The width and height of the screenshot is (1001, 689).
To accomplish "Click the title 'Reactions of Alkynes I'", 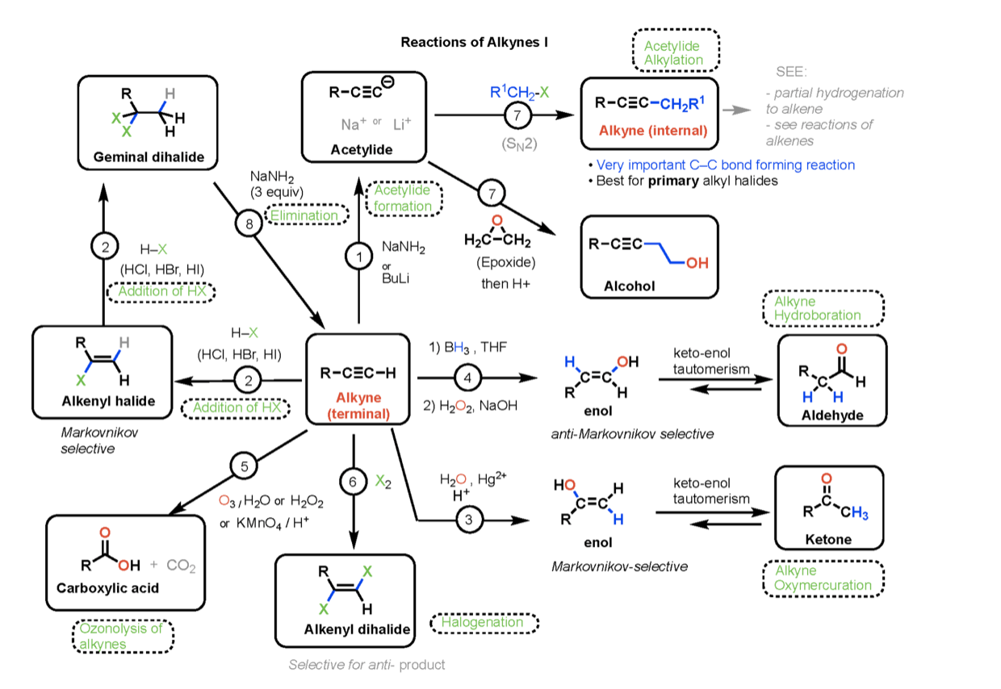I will [475, 42].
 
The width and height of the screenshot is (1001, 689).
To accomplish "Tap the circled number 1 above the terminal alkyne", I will [358, 257].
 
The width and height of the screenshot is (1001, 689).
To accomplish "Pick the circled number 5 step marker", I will [243, 466].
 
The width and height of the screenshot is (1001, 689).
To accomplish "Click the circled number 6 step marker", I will [353, 480].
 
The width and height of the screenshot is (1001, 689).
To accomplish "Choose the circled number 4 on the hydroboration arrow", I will [467, 377].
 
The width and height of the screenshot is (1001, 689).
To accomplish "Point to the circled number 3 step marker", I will [469, 520].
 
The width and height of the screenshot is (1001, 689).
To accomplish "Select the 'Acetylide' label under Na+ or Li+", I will [362, 149].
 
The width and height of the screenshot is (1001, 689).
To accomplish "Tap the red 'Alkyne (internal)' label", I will [649, 131].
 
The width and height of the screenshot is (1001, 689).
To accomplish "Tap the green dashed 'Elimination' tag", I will [305, 215].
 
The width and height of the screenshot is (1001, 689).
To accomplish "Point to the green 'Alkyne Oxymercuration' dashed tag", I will [823, 578].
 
